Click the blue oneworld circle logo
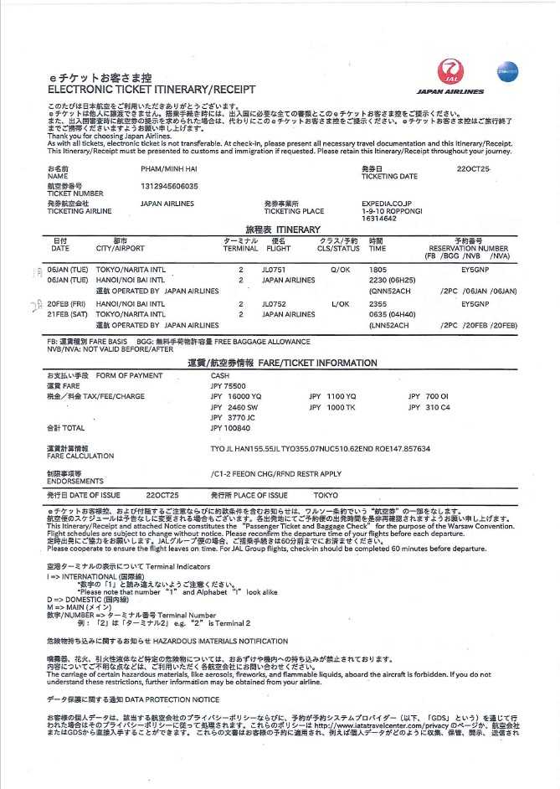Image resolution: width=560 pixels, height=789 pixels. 507,72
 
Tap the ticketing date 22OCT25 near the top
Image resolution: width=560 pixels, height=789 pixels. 474,169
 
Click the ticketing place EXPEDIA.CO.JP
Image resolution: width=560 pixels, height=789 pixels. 387,203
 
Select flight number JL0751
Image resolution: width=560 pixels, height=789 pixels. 274,270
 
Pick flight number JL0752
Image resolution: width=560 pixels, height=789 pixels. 274,304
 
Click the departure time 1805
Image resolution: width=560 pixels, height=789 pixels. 378,270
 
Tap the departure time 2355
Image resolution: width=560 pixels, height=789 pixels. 378,304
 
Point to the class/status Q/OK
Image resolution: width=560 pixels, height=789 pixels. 341,270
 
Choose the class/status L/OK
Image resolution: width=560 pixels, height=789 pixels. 340,304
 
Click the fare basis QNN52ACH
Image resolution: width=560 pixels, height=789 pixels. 390,291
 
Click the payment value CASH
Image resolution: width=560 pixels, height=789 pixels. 220,376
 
